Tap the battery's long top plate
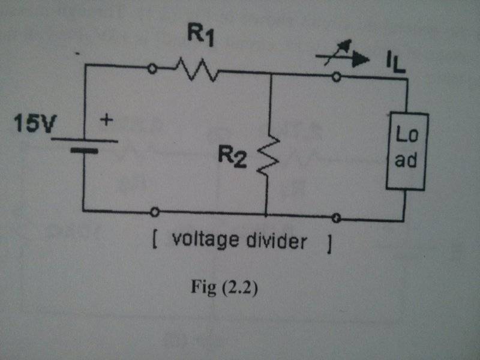[x=84, y=142]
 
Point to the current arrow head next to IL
[x=362, y=59]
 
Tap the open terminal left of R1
[x=152, y=69]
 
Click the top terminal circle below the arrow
[x=337, y=76]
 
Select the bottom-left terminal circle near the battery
[x=155, y=212]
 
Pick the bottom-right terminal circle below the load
[x=337, y=217]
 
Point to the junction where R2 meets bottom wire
[x=265, y=214]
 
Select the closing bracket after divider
[x=329, y=244]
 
